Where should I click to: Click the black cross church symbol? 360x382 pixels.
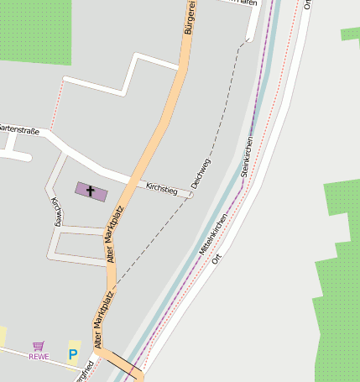[x=91, y=191]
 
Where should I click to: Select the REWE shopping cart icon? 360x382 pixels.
[x=38, y=346]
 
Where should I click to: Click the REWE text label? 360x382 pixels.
[x=39, y=357]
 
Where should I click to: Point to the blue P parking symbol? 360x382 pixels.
[x=73, y=355]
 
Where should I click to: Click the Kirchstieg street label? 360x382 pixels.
[x=161, y=188]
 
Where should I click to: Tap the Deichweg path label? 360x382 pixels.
[x=201, y=171]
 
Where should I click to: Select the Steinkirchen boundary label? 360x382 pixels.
[x=247, y=155]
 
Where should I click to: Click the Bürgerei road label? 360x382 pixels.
[x=190, y=17]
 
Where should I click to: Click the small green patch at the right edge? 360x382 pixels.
[x=351, y=34]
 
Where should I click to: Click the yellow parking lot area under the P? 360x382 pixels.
[x=73, y=369]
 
